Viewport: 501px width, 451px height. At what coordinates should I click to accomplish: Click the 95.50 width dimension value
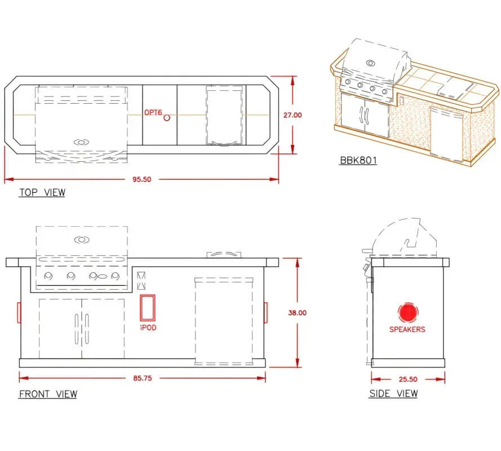[142, 179]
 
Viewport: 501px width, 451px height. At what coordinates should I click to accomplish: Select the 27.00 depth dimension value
[292, 115]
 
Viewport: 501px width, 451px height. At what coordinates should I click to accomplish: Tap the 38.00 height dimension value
[297, 313]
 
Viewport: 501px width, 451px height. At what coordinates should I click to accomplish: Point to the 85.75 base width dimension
[143, 378]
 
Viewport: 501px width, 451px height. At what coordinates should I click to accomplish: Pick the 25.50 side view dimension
[408, 379]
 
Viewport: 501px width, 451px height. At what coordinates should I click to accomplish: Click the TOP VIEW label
[42, 192]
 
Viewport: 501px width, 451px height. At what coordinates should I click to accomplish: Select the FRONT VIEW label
[48, 394]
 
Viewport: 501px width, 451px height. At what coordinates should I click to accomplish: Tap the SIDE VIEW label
[393, 393]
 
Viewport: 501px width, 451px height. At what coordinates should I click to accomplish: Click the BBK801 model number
[358, 160]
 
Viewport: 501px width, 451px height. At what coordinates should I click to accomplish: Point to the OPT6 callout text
[153, 113]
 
